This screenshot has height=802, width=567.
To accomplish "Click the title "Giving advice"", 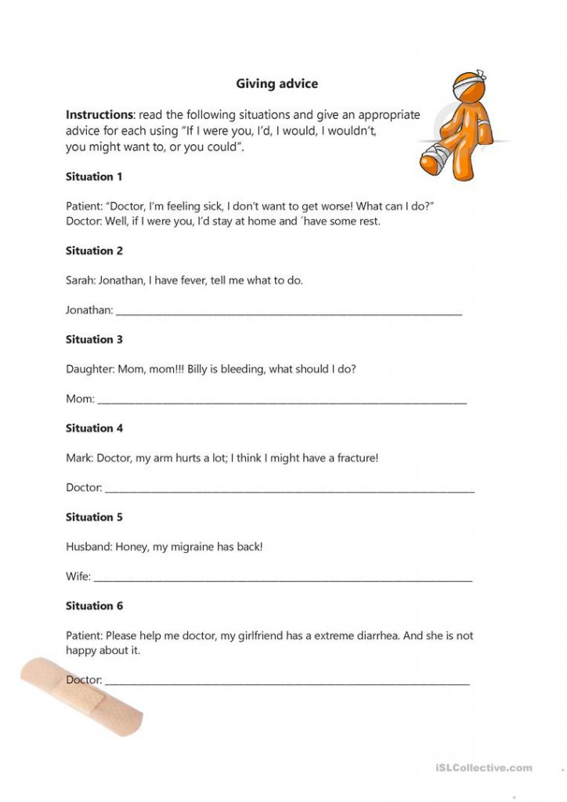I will pyautogui.click(x=277, y=82).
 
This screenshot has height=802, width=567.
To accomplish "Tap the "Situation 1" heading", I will pyautogui.click(x=94, y=177).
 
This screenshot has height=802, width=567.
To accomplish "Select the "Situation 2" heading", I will pyautogui.click(x=94, y=251).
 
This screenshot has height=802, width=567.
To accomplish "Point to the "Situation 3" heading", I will pyautogui.click(x=94, y=339).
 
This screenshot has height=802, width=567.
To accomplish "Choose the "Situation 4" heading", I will pyautogui.click(x=94, y=428).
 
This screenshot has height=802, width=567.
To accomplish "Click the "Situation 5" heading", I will pyautogui.click(x=94, y=517).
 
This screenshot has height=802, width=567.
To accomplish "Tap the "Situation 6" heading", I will pyautogui.click(x=94, y=605).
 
